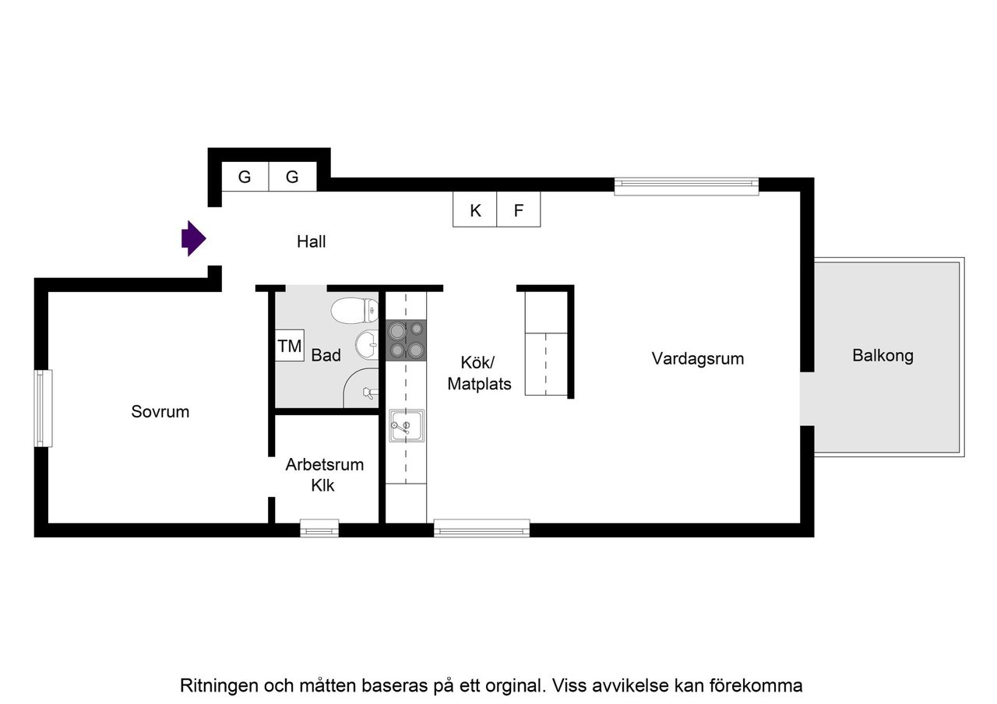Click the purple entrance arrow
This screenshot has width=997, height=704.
[193, 238]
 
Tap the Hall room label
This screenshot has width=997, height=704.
[311, 241]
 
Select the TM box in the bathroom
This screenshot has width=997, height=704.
[290, 347]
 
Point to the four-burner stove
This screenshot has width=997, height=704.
[407, 341]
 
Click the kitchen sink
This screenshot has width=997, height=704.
[407, 426]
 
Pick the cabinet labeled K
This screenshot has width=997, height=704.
[475, 210]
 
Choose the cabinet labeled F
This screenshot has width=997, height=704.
[519, 210]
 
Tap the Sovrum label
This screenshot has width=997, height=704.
[160, 412]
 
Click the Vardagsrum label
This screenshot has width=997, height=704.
[698, 359]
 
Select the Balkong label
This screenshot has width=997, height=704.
[883, 356]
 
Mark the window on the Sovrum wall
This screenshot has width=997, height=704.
[43, 408]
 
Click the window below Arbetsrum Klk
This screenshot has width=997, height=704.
[319, 529]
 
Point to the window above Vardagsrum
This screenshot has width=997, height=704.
[686, 185]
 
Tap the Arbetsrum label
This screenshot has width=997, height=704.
[324, 465]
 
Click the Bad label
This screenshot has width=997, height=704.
[326, 356]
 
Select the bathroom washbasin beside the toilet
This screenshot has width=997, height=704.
[367, 343]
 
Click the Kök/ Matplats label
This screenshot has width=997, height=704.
[479, 373]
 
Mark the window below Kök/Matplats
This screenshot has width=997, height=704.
[481, 529]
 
